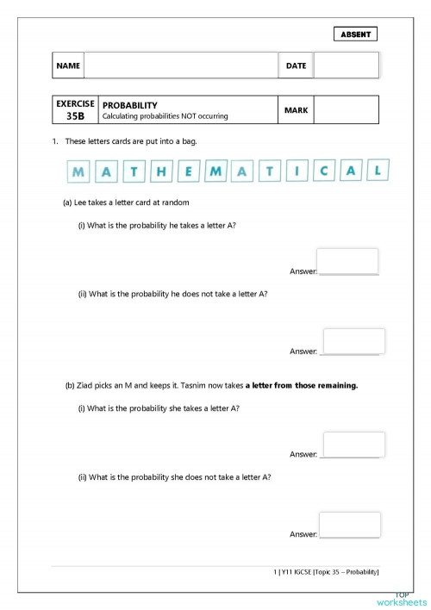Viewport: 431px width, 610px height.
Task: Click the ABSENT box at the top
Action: point(355,34)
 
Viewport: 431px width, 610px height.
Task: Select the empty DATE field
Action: point(346,65)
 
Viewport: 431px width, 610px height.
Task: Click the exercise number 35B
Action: point(76,115)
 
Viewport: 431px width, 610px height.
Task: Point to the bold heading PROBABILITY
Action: point(130,105)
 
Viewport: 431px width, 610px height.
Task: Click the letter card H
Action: point(161,172)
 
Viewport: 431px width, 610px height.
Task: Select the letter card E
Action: point(189,172)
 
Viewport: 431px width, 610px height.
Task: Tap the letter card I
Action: point(296,171)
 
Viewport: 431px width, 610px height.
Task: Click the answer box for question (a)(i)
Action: point(347,261)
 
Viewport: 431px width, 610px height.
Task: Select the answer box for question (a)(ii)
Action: point(353,340)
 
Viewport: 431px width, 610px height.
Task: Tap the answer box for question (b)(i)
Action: point(353,445)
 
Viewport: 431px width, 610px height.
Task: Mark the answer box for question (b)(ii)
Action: point(350,524)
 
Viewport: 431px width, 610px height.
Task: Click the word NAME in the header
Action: point(68,66)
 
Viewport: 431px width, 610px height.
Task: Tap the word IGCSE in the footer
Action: point(302,571)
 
